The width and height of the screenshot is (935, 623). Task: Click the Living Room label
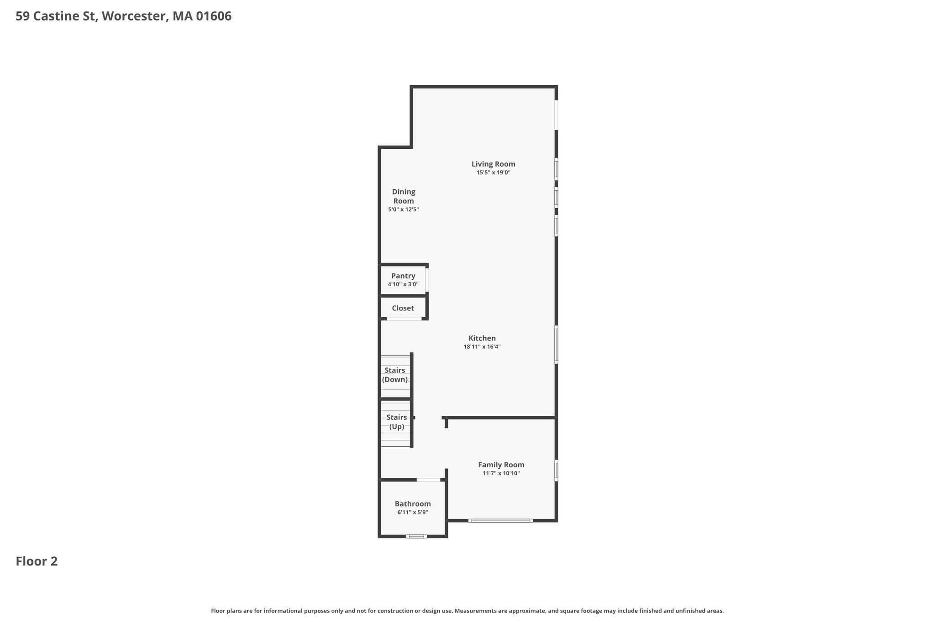493,164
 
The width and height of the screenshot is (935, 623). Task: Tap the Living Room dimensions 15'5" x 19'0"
493,173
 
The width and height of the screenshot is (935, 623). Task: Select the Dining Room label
404,196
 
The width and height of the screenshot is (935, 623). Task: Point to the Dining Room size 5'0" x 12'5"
404,209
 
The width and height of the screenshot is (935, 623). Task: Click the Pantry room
403,280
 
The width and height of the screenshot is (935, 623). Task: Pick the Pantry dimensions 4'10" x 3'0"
403,284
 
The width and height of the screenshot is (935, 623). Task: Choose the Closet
403,308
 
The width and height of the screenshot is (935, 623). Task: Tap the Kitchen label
482,338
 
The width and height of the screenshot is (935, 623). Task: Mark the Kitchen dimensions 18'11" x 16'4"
482,347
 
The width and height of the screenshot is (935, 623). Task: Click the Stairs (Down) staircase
395,377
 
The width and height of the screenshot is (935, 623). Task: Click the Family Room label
501,465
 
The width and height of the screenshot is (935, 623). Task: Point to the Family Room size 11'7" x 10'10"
501,473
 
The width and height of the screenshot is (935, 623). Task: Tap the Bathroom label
413,504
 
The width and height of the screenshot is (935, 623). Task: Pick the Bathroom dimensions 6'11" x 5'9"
413,513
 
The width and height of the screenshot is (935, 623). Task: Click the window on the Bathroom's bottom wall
416,536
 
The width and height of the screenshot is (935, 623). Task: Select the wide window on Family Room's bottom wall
500,520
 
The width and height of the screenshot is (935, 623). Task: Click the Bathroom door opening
428,480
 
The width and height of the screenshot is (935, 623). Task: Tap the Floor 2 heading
37,561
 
